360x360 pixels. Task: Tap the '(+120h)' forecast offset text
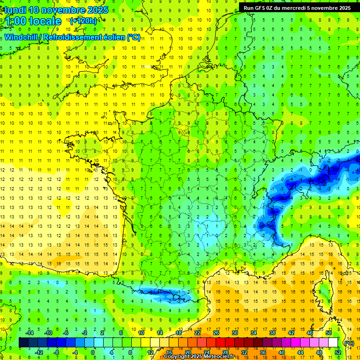(83, 21)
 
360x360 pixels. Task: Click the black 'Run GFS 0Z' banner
(297, 7)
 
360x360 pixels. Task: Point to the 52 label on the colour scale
(337, 352)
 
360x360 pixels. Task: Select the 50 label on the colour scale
(329, 333)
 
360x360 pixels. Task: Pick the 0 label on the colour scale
(93, 352)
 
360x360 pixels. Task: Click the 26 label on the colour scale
(216, 333)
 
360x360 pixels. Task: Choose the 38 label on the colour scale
(272, 333)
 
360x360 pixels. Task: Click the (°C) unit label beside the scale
(349, 343)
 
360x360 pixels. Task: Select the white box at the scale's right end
(333, 343)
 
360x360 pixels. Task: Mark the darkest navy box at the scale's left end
(23, 343)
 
